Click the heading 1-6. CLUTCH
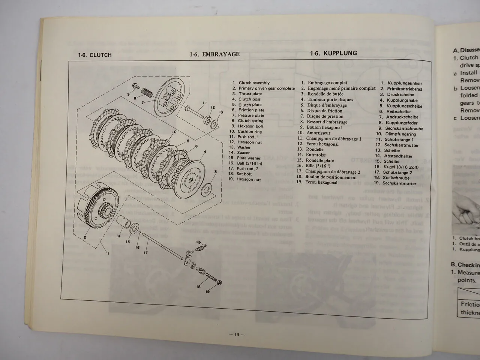point(94,55)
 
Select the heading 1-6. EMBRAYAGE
point(214,54)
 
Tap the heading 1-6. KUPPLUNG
point(333,53)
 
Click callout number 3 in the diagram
point(216,172)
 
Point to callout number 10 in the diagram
point(174,132)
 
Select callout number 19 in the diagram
point(207,292)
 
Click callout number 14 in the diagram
point(118,236)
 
